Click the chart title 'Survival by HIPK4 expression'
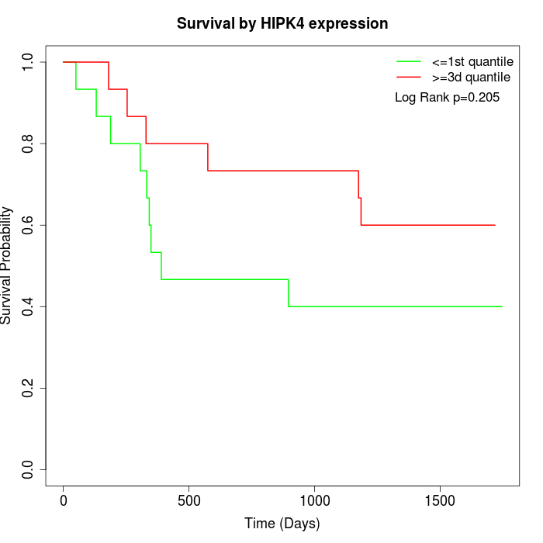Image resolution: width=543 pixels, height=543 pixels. click(x=282, y=23)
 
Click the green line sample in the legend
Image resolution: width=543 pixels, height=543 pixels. click(x=409, y=61)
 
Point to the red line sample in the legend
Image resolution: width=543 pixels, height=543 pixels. click(x=409, y=78)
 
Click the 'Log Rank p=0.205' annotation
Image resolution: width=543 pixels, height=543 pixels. click(x=448, y=98)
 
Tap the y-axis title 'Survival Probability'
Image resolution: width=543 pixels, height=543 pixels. click(x=7, y=265)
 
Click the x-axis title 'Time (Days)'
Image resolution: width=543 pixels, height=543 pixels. click(x=282, y=524)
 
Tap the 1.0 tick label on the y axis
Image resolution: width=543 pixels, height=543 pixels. click(x=29, y=62)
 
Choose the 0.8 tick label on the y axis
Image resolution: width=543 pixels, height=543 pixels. click(x=29, y=144)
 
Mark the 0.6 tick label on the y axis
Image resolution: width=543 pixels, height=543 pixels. click(x=29, y=225)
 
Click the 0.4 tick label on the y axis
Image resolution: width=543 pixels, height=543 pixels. click(x=29, y=306)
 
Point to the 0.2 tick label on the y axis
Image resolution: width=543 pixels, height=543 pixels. click(x=29, y=388)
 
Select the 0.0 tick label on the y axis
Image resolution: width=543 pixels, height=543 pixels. click(x=29, y=469)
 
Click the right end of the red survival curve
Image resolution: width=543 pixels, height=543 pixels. click(x=495, y=225)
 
